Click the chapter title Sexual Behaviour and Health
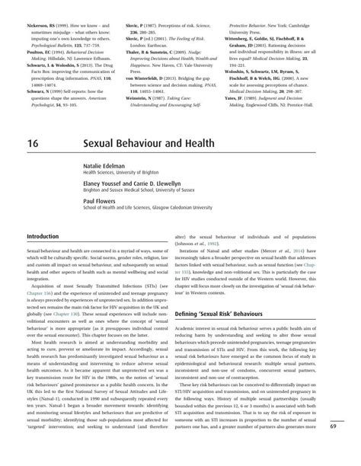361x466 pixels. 149,144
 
